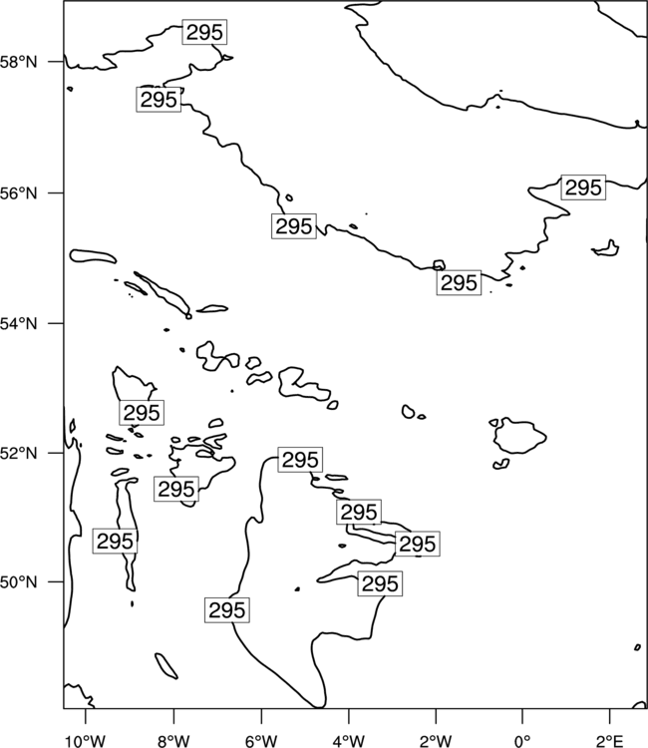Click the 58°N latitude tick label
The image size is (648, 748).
(x=19, y=62)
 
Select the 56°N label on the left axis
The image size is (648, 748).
(x=19, y=193)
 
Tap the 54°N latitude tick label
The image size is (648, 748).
(x=19, y=323)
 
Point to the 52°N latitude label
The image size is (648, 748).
(x=19, y=453)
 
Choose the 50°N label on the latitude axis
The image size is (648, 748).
(x=19, y=582)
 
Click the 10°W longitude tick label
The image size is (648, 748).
(x=86, y=741)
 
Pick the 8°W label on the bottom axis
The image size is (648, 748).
(x=173, y=741)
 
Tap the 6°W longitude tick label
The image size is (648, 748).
(x=261, y=741)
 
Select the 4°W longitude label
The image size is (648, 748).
(x=349, y=741)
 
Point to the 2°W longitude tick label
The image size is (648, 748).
(x=436, y=741)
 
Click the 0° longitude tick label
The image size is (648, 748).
(x=522, y=741)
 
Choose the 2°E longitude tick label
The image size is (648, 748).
(x=610, y=741)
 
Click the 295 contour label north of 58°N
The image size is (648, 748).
(x=204, y=33)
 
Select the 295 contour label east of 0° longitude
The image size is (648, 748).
(x=583, y=187)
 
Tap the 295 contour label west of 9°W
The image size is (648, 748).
(x=115, y=541)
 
